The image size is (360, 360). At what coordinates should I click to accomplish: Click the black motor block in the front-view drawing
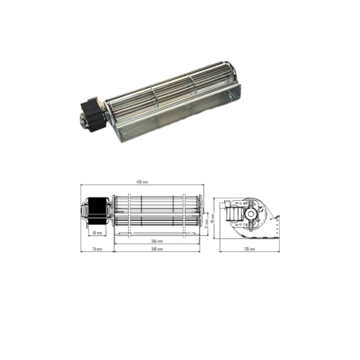[98, 210]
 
